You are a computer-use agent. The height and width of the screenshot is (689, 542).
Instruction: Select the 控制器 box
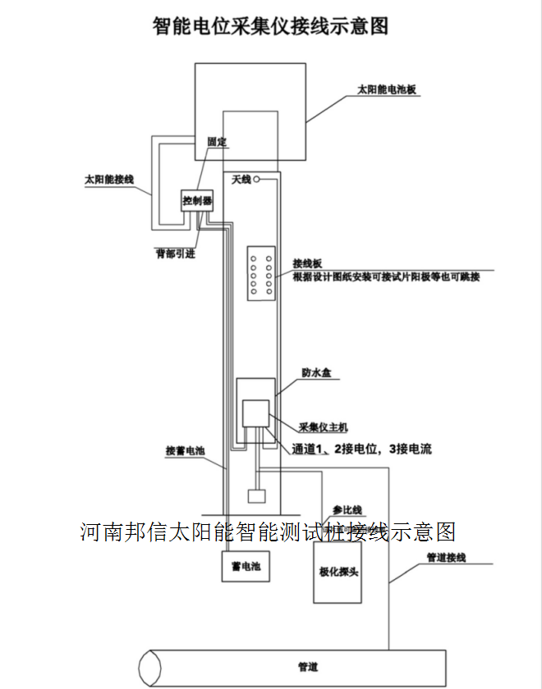pyautogui.click(x=198, y=200)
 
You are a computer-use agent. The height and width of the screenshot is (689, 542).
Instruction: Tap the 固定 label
pyautogui.click(x=218, y=142)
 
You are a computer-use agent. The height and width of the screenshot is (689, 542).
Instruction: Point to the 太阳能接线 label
pyautogui.click(x=108, y=178)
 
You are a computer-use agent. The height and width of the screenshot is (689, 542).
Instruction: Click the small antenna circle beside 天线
pyautogui.click(x=257, y=179)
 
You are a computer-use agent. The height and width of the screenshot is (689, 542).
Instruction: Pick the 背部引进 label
pyautogui.click(x=176, y=253)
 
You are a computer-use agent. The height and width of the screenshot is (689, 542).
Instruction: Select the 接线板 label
pyautogui.click(x=307, y=264)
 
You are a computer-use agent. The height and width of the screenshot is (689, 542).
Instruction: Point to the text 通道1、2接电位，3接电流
pyautogui.click(x=361, y=449)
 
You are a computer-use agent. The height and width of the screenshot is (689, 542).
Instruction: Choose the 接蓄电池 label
pyautogui.click(x=184, y=451)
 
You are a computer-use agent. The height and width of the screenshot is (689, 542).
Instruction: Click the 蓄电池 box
pyautogui.click(x=246, y=566)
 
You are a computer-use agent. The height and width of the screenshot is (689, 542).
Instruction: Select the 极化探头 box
pyautogui.click(x=338, y=571)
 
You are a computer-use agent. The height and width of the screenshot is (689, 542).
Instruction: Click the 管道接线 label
pyautogui.click(x=446, y=558)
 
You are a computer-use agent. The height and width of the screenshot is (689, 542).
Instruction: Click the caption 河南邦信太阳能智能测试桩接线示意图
pyautogui.click(x=269, y=532)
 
